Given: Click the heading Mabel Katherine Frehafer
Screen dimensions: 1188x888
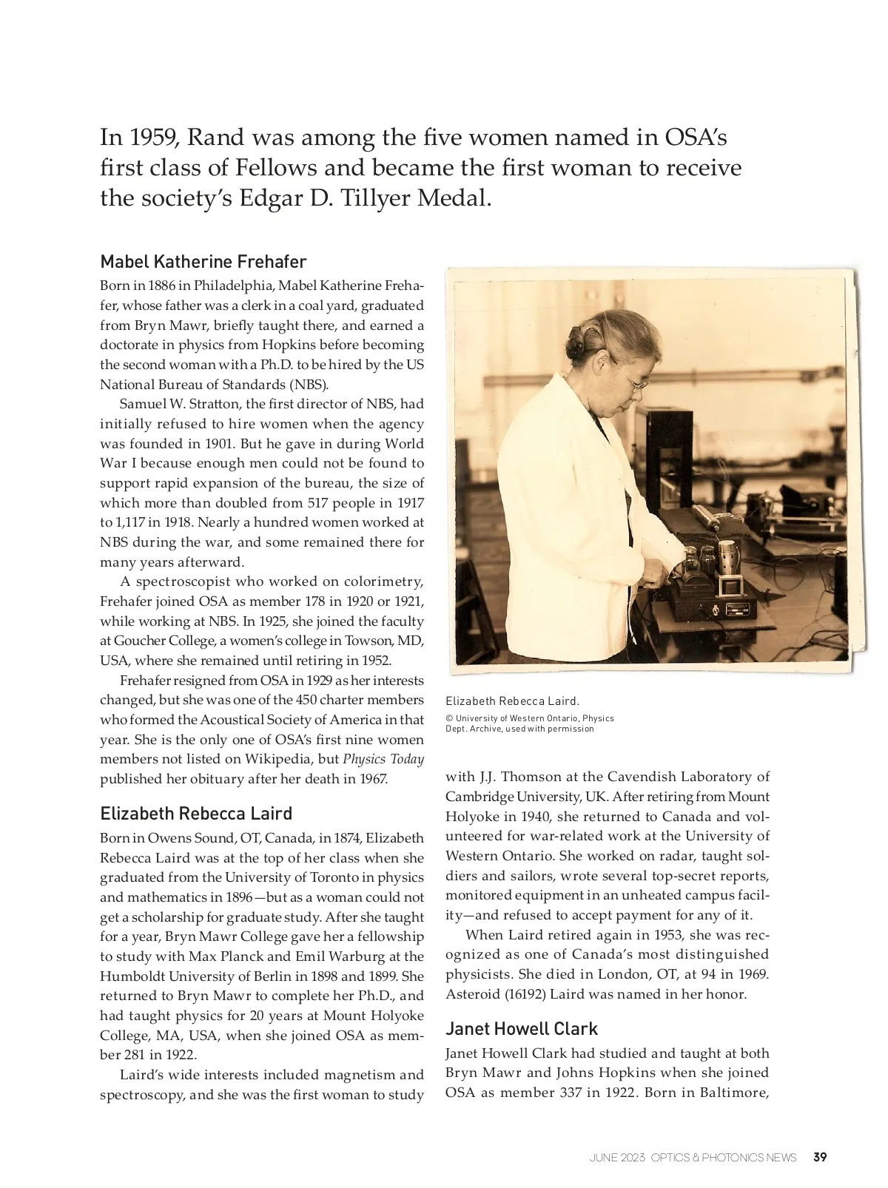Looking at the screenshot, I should tap(203, 262).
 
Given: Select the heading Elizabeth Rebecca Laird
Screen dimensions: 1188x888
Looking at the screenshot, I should tap(196, 814).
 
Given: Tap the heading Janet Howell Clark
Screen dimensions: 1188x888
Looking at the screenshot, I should tap(521, 1029).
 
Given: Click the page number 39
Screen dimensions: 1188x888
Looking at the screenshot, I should tap(820, 1157).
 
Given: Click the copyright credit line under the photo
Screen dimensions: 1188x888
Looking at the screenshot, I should tap(529, 723).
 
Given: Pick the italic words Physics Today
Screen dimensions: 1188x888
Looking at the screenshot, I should tap(383, 759).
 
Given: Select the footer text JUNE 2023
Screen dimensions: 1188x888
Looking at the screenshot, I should tap(616, 1158).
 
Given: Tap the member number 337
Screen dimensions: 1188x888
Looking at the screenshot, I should tap(566, 1093).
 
